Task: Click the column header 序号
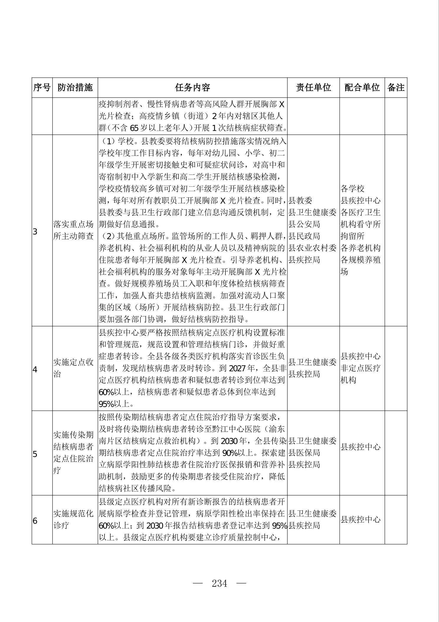point(42,87)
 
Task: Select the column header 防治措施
point(75,87)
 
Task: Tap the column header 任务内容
point(192,87)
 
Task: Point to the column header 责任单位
point(313,87)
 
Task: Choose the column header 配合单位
point(362,87)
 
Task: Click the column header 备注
point(396,87)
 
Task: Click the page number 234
point(219,583)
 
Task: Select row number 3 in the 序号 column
point(35,232)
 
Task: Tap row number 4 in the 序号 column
point(35,369)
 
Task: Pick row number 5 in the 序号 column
point(35,454)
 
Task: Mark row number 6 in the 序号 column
point(35,521)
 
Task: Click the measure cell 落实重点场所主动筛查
point(73,230)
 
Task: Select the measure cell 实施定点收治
point(73,368)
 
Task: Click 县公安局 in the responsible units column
point(304,224)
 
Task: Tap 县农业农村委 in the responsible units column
point(312,248)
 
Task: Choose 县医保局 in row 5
point(304,453)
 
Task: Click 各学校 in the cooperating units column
point(353,189)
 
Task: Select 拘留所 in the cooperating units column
point(353,236)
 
